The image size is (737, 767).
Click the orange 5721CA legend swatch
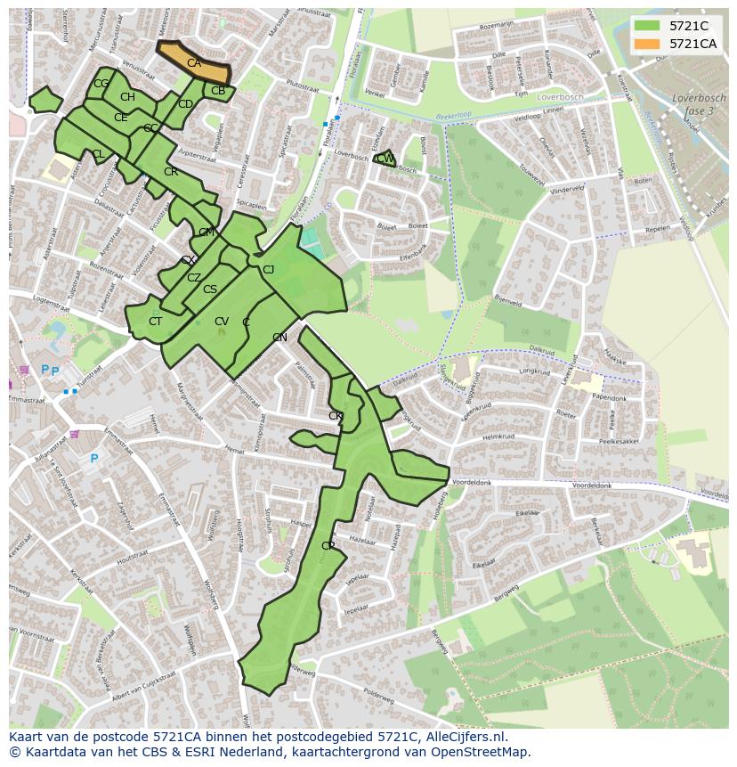pos(647,44)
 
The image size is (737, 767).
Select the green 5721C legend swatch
pos(647,26)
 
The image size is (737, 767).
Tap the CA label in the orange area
pos(194,63)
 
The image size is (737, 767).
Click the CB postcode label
pos(218,91)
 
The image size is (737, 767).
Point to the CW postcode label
pos(385,159)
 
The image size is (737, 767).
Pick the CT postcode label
pos(156,322)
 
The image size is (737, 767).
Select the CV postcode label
pos(222,322)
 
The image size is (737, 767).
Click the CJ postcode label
pos(268,270)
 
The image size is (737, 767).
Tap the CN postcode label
pos(279,338)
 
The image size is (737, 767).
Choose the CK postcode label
pos(336,416)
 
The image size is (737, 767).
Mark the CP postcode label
pos(328,546)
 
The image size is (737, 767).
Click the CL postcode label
pos(98,154)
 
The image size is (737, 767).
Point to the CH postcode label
pos(127,97)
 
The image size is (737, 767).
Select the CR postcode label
pos(171,172)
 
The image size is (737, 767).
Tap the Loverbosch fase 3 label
pos(693,104)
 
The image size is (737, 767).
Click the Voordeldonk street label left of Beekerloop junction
pos(472,482)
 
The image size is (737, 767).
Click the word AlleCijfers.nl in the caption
pos(463,737)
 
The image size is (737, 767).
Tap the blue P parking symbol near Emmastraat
pos(93,459)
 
